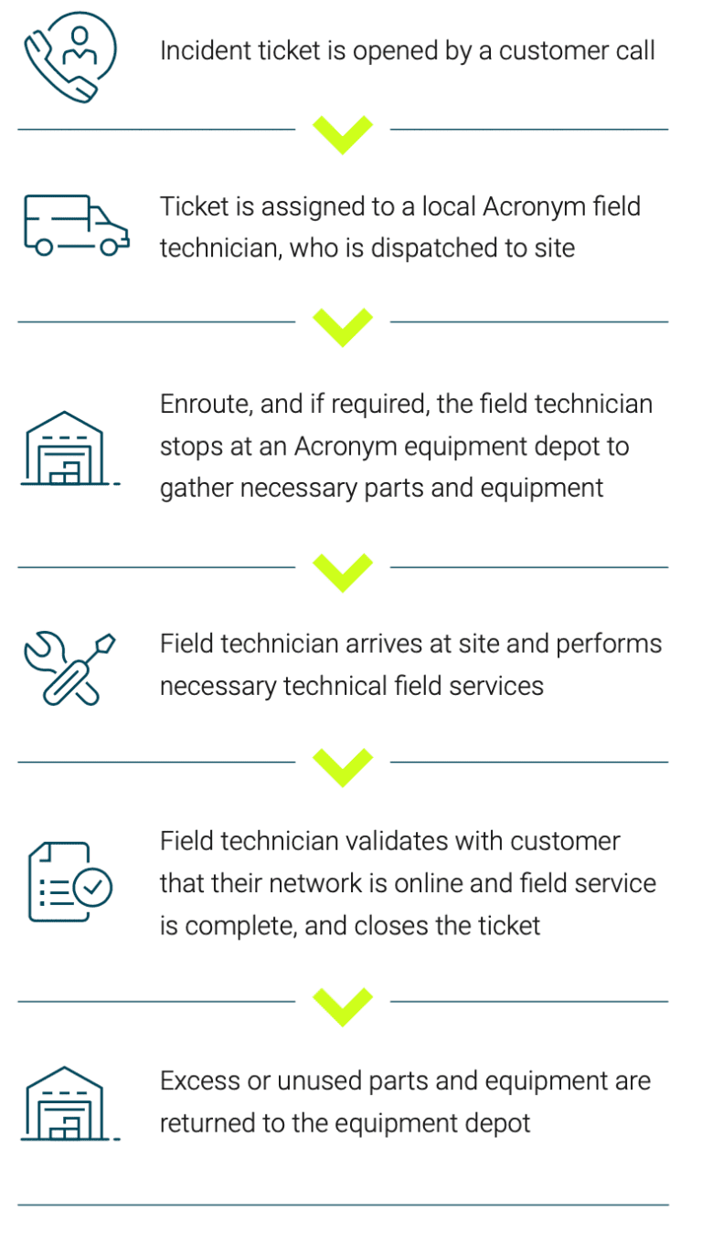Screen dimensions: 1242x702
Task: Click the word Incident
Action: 196,50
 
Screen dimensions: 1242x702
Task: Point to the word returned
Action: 207,1123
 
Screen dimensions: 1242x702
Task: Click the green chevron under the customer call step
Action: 343,133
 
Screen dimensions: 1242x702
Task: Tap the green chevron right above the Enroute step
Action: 343,326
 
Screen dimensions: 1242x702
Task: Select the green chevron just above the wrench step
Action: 343,572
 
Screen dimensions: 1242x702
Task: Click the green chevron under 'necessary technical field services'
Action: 343,766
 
